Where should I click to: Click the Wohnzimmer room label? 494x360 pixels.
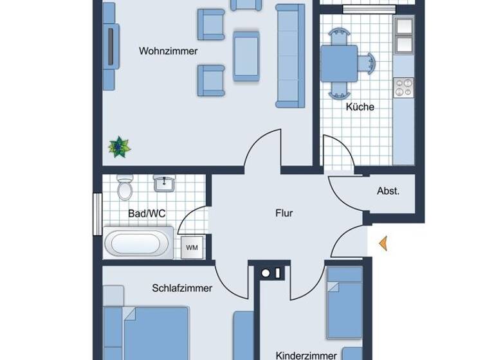[168, 51]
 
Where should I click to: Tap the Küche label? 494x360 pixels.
[360, 107]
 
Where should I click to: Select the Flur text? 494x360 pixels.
[284, 213]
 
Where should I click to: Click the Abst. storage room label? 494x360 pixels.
[388, 191]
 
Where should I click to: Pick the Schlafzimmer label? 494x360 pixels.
[182, 288]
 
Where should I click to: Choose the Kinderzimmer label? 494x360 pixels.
[306, 355]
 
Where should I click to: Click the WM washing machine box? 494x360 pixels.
[192, 247]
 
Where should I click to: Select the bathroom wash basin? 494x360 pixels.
[165, 184]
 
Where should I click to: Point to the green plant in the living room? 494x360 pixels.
[119, 147]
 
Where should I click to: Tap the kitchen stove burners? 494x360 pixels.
[404, 87]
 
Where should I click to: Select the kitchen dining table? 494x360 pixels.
[339, 63]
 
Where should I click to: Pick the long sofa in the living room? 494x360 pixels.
[290, 55]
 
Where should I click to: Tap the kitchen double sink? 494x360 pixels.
[404, 34]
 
